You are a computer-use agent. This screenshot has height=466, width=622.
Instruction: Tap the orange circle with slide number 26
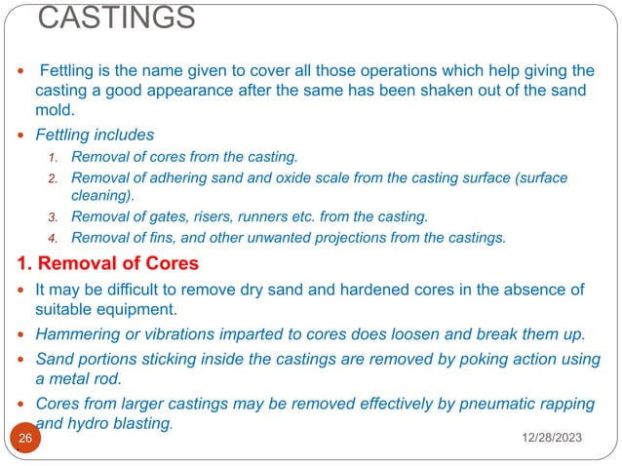tap(24, 439)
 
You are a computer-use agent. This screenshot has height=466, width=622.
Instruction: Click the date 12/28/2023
tap(546, 441)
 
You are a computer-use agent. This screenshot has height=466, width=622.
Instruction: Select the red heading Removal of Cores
tap(107, 263)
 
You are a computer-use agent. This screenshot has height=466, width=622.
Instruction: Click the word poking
tap(460, 359)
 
